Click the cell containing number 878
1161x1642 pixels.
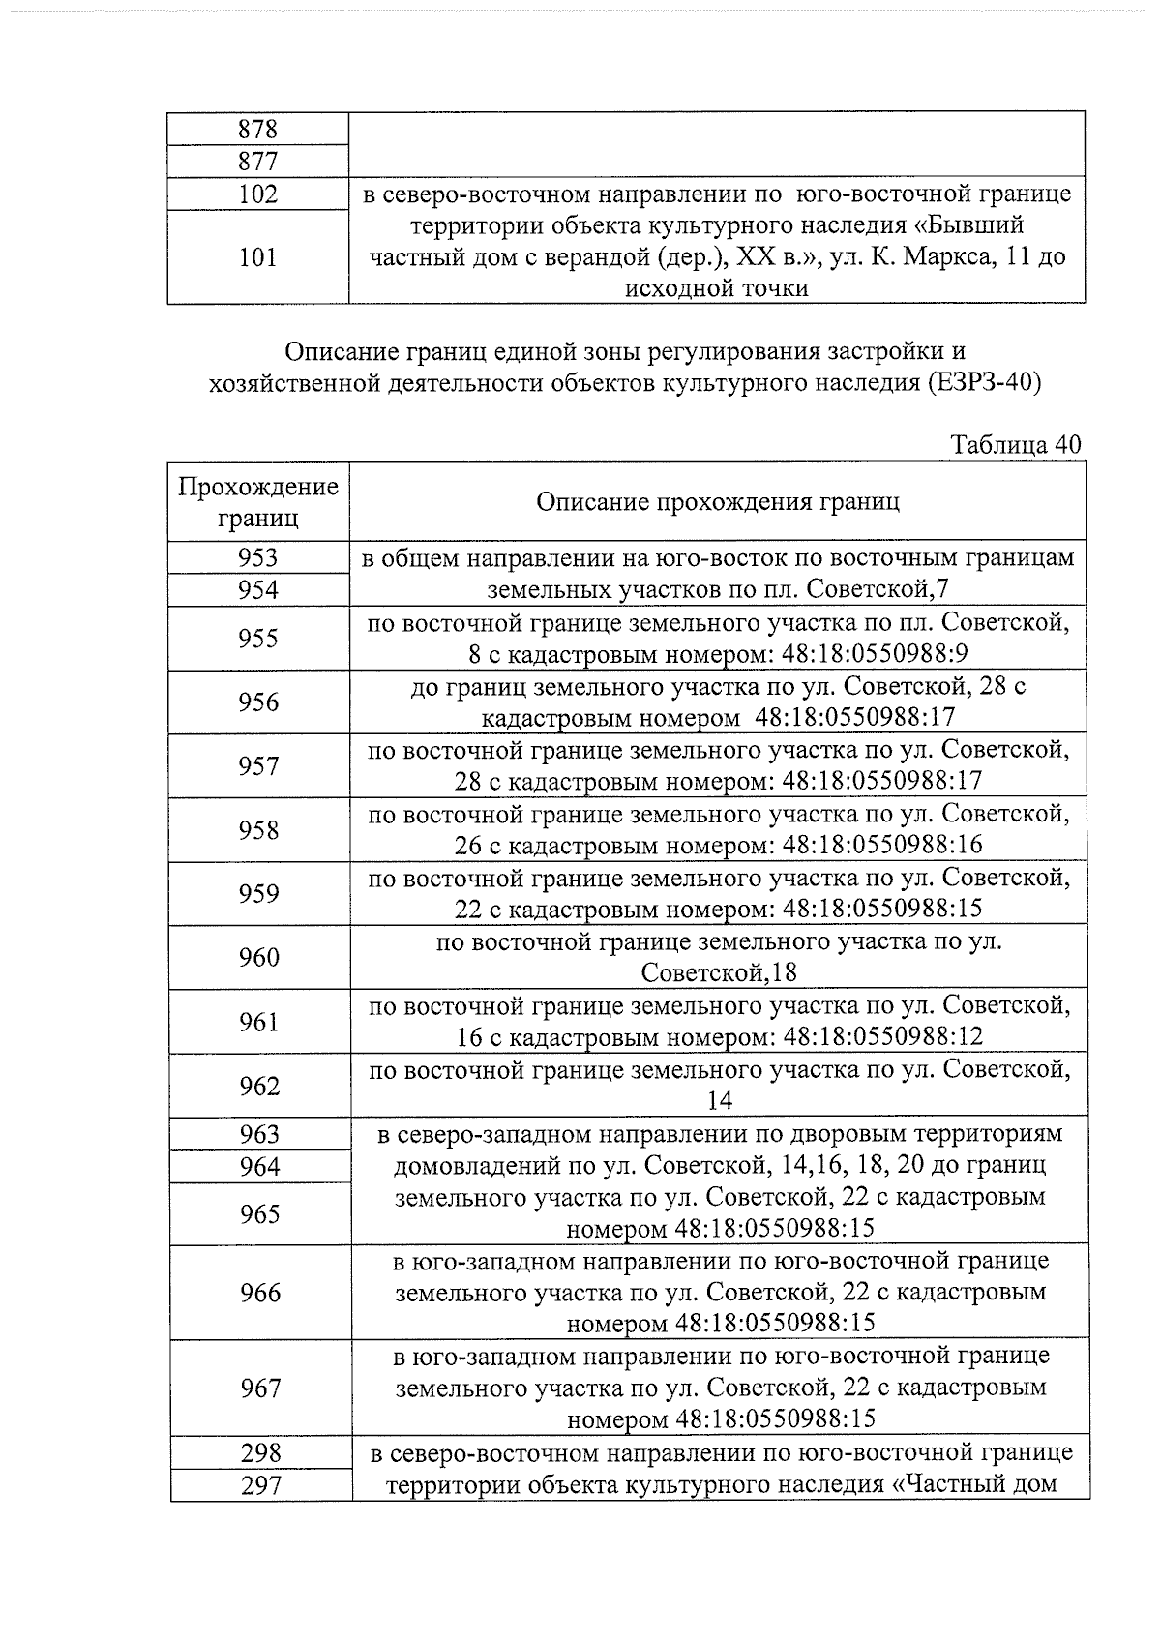tap(257, 129)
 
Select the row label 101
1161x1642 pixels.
tap(257, 257)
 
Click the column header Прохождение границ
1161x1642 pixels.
tap(258, 501)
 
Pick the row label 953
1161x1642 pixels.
tap(257, 558)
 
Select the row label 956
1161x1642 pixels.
tap(258, 702)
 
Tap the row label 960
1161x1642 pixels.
tap(258, 958)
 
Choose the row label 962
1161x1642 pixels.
tap(258, 1086)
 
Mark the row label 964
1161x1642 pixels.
tap(259, 1167)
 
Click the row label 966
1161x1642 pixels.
tap(259, 1293)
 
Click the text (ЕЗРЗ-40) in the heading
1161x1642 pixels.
tap(983, 383)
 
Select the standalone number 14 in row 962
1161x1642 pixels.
tap(720, 1101)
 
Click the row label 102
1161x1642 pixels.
tap(257, 194)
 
